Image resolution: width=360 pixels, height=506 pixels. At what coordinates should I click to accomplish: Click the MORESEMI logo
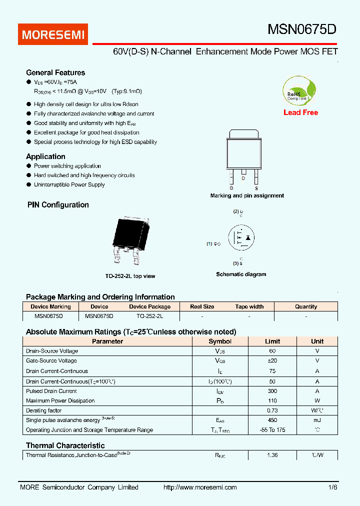[53, 34]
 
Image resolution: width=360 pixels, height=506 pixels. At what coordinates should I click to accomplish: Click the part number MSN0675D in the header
[302, 29]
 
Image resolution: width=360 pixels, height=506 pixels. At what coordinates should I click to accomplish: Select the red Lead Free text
[300, 112]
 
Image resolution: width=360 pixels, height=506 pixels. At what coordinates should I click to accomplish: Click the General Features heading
[55, 72]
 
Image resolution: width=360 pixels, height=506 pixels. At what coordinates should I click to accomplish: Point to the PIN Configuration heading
[57, 204]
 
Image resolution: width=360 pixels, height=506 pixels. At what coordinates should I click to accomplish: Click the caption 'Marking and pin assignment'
[247, 195]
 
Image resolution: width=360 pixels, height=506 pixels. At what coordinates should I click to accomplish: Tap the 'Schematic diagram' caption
[241, 274]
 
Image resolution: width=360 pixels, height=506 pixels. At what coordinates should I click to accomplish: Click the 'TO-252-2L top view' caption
[130, 276]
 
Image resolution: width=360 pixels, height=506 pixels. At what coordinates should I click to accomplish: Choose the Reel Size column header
[202, 306]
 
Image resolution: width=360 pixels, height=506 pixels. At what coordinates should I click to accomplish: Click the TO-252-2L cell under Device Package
[149, 316]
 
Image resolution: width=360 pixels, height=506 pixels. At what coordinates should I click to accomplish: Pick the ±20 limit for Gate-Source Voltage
[272, 360]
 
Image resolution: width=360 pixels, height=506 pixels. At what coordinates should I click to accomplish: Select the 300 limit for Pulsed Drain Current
[272, 391]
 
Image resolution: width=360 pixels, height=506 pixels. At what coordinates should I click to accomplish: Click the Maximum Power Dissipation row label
[60, 400]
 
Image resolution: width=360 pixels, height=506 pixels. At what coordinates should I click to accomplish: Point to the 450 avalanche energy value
[272, 420]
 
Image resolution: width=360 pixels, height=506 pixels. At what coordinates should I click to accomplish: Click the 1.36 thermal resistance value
[272, 455]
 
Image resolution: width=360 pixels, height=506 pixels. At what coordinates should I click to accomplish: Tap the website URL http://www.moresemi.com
[200, 487]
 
